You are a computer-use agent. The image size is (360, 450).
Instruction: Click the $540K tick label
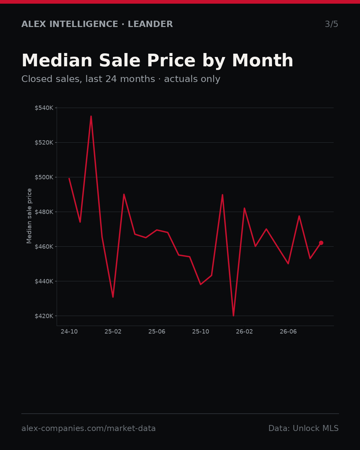point(44,108)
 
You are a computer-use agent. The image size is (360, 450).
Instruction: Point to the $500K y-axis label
point(44,177)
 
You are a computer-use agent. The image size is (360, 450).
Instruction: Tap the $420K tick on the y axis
point(44,316)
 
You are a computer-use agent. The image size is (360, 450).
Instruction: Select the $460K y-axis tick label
point(44,247)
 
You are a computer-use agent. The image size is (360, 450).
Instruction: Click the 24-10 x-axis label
point(69,332)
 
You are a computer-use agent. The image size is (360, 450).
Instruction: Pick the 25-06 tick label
point(157,332)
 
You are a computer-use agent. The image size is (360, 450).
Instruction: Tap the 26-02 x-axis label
point(245,332)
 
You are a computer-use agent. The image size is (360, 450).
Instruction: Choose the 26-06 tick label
point(288,332)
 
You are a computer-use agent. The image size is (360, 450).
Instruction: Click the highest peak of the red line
point(91,116)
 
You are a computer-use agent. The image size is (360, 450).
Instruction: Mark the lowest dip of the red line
point(233,316)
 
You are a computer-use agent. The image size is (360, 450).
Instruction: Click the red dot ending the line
point(321,243)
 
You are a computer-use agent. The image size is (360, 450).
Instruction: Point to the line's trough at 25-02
point(113,297)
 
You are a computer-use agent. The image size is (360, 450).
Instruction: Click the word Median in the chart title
point(57,60)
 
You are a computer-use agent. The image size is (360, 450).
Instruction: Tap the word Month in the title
point(263,60)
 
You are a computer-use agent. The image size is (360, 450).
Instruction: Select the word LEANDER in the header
point(150,24)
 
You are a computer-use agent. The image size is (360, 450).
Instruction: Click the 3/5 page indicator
point(332,24)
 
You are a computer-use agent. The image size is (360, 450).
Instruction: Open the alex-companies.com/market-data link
point(88,428)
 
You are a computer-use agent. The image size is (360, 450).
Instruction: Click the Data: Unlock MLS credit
point(304,428)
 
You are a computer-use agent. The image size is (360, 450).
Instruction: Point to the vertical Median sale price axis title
point(29,216)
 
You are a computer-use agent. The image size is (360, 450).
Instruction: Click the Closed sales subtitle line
point(121,79)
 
